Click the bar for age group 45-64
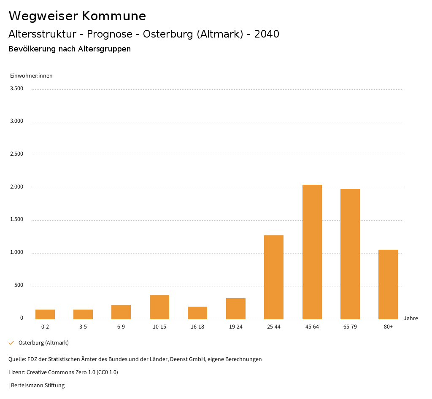pyautogui.click(x=312, y=252)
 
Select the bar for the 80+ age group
pyautogui.click(x=388, y=284)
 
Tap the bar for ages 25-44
pyautogui.click(x=274, y=277)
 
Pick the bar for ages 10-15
pyautogui.click(x=159, y=307)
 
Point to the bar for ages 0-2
pyautogui.click(x=45, y=314)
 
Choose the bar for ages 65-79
pyautogui.click(x=350, y=254)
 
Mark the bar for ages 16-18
pyautogui.click(x=197, y=313)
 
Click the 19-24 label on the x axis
pyautogui.click(x=235, y=327)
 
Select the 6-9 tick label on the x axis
pyautogui.click(x=121, y=327)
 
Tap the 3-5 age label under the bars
pyautogui.click(x=83, y=327)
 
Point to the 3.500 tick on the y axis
pyautogui.click(x=16, y=89)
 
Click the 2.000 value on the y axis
pyautogui.click(x=16, y=187)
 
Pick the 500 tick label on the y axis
pyautogui.click(x=19, y=286)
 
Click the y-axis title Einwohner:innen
pyautogui.click(x=31, y=76)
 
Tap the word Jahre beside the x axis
pyautogui.click(x=411, y=318)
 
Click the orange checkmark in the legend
pyautogui.click(x=11, y=343)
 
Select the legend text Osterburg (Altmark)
pyautogui.click(x=43, y=343)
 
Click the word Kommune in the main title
pyautogui.click(x=114, y=16)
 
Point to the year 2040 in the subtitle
pyautogui.click(x=267, y=34)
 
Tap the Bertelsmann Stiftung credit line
pyautogui.click(x=38, y=386)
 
